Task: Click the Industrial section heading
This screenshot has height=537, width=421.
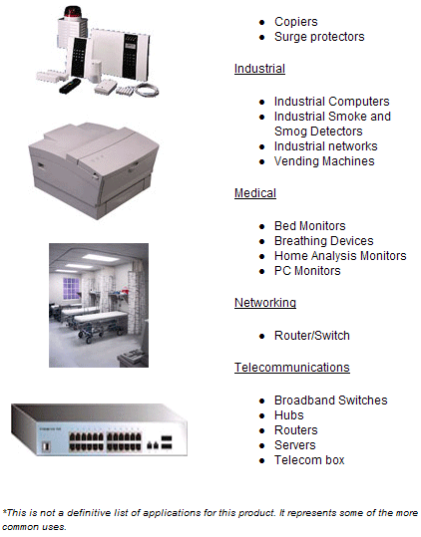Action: coord(259,69)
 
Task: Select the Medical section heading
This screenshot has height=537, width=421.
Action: coord(255,193)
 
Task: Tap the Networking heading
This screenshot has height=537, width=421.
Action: coord(265,303)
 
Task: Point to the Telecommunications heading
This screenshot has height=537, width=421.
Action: coord(292,368)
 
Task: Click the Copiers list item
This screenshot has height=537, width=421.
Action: coord(296,22)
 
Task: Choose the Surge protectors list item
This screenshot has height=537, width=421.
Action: coord(319,37)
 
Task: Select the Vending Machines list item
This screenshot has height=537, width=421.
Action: coord(324,161)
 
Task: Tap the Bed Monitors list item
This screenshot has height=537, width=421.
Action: coord(310,226)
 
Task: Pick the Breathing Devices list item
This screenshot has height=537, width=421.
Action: coord(324,241)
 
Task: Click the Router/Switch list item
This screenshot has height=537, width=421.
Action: coord(312,336)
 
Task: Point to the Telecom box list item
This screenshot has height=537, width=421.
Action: coord(309,460)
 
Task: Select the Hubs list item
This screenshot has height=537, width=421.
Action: coord(289,415)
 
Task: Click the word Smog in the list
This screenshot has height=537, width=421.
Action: coord(288,132)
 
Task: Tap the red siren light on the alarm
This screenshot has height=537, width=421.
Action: coord(73,11)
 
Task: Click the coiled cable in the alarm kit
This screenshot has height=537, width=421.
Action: coord(147,90)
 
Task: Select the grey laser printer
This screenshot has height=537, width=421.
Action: coord(94,169)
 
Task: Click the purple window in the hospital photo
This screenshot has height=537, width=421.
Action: coord(71,288)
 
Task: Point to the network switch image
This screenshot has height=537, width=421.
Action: coord(100,429)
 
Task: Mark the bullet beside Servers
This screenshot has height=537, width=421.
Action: coord(262,445)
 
